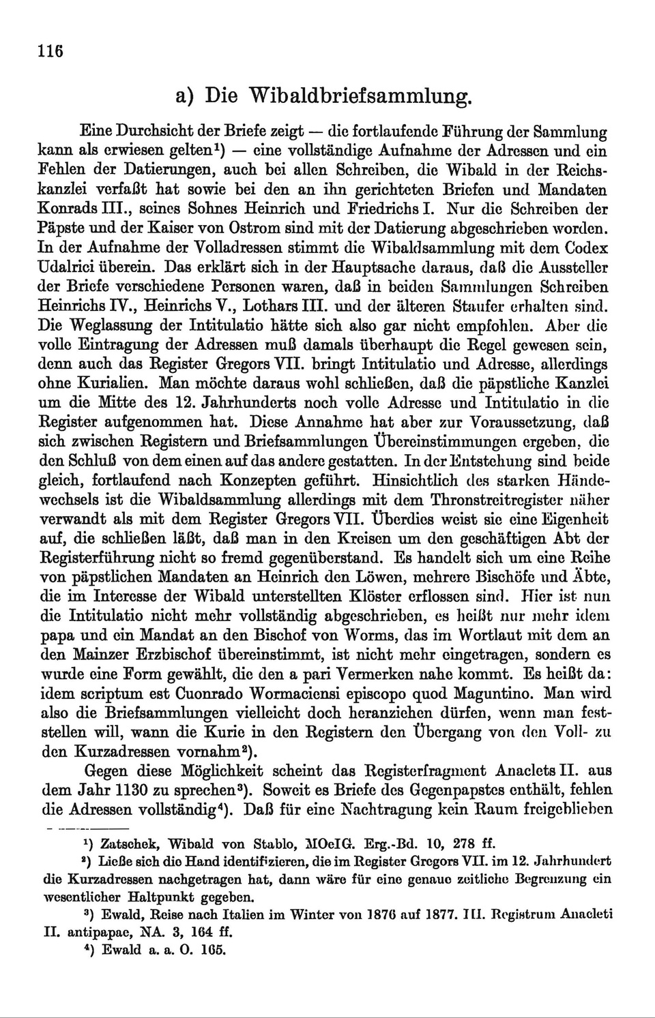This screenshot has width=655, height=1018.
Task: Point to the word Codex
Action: [x=587, y=248]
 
